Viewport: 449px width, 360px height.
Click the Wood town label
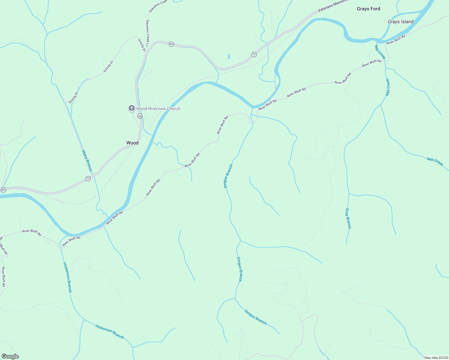132,143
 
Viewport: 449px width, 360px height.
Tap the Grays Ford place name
368,9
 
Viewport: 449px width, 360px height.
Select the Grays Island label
400,22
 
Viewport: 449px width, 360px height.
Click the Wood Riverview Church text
158,109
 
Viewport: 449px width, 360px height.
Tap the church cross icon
131,108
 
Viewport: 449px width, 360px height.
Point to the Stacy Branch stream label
87,160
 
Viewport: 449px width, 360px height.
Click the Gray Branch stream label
348,218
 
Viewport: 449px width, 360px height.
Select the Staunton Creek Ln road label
147,33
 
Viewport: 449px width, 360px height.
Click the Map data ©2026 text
435,358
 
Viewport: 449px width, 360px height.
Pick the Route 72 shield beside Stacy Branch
88,178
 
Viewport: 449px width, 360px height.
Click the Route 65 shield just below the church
140,116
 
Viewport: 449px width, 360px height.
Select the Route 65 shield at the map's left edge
3,190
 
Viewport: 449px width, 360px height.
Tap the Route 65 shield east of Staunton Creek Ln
171,44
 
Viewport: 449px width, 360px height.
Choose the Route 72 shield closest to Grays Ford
254,54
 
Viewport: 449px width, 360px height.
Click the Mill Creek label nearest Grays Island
380,52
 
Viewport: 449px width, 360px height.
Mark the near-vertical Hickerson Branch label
67,277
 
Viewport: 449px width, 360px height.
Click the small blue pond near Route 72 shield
229,56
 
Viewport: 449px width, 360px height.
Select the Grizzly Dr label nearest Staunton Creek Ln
141,45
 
